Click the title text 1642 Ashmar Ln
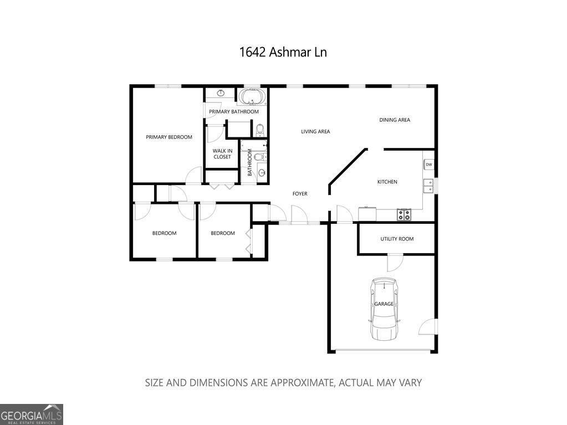point(283,52)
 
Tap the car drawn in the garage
point(384,309)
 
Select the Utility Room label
point(397,239)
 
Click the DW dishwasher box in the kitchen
point(429,165)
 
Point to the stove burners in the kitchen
point(404,214)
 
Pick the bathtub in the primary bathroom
point(252,98)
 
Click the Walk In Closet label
point(222,153)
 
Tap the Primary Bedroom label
point(169,137)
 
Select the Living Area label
point(315,131)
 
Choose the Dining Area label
point(395,120)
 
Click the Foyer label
point(300,193)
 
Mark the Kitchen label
point(387,182)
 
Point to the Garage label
point(384,304)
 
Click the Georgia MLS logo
point(32,414)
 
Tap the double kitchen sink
point(428,186)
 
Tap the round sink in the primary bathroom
point(221,93)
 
